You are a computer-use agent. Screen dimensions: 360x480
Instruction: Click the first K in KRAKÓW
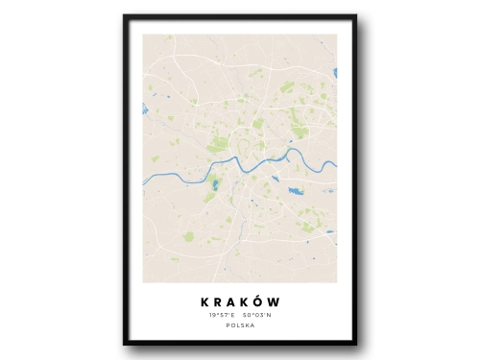tap(204, 301)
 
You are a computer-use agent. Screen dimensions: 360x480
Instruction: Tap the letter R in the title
tap(218, 301)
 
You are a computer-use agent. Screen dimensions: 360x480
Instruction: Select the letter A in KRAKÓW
tap(232, 301)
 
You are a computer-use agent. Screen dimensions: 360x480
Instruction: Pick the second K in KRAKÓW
tap(246, 301)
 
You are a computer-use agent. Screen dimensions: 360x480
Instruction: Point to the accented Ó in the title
tap(260, 300)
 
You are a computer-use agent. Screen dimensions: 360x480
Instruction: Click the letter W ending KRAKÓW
tap(276, 301)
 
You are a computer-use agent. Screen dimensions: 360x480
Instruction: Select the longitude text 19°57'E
tap(220, 315)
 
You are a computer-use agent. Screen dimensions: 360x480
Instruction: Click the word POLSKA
tap(240, 326)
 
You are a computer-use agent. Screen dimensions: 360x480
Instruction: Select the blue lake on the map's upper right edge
tap(334, 72)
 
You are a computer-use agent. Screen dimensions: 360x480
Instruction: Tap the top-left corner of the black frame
tap(125, 16)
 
